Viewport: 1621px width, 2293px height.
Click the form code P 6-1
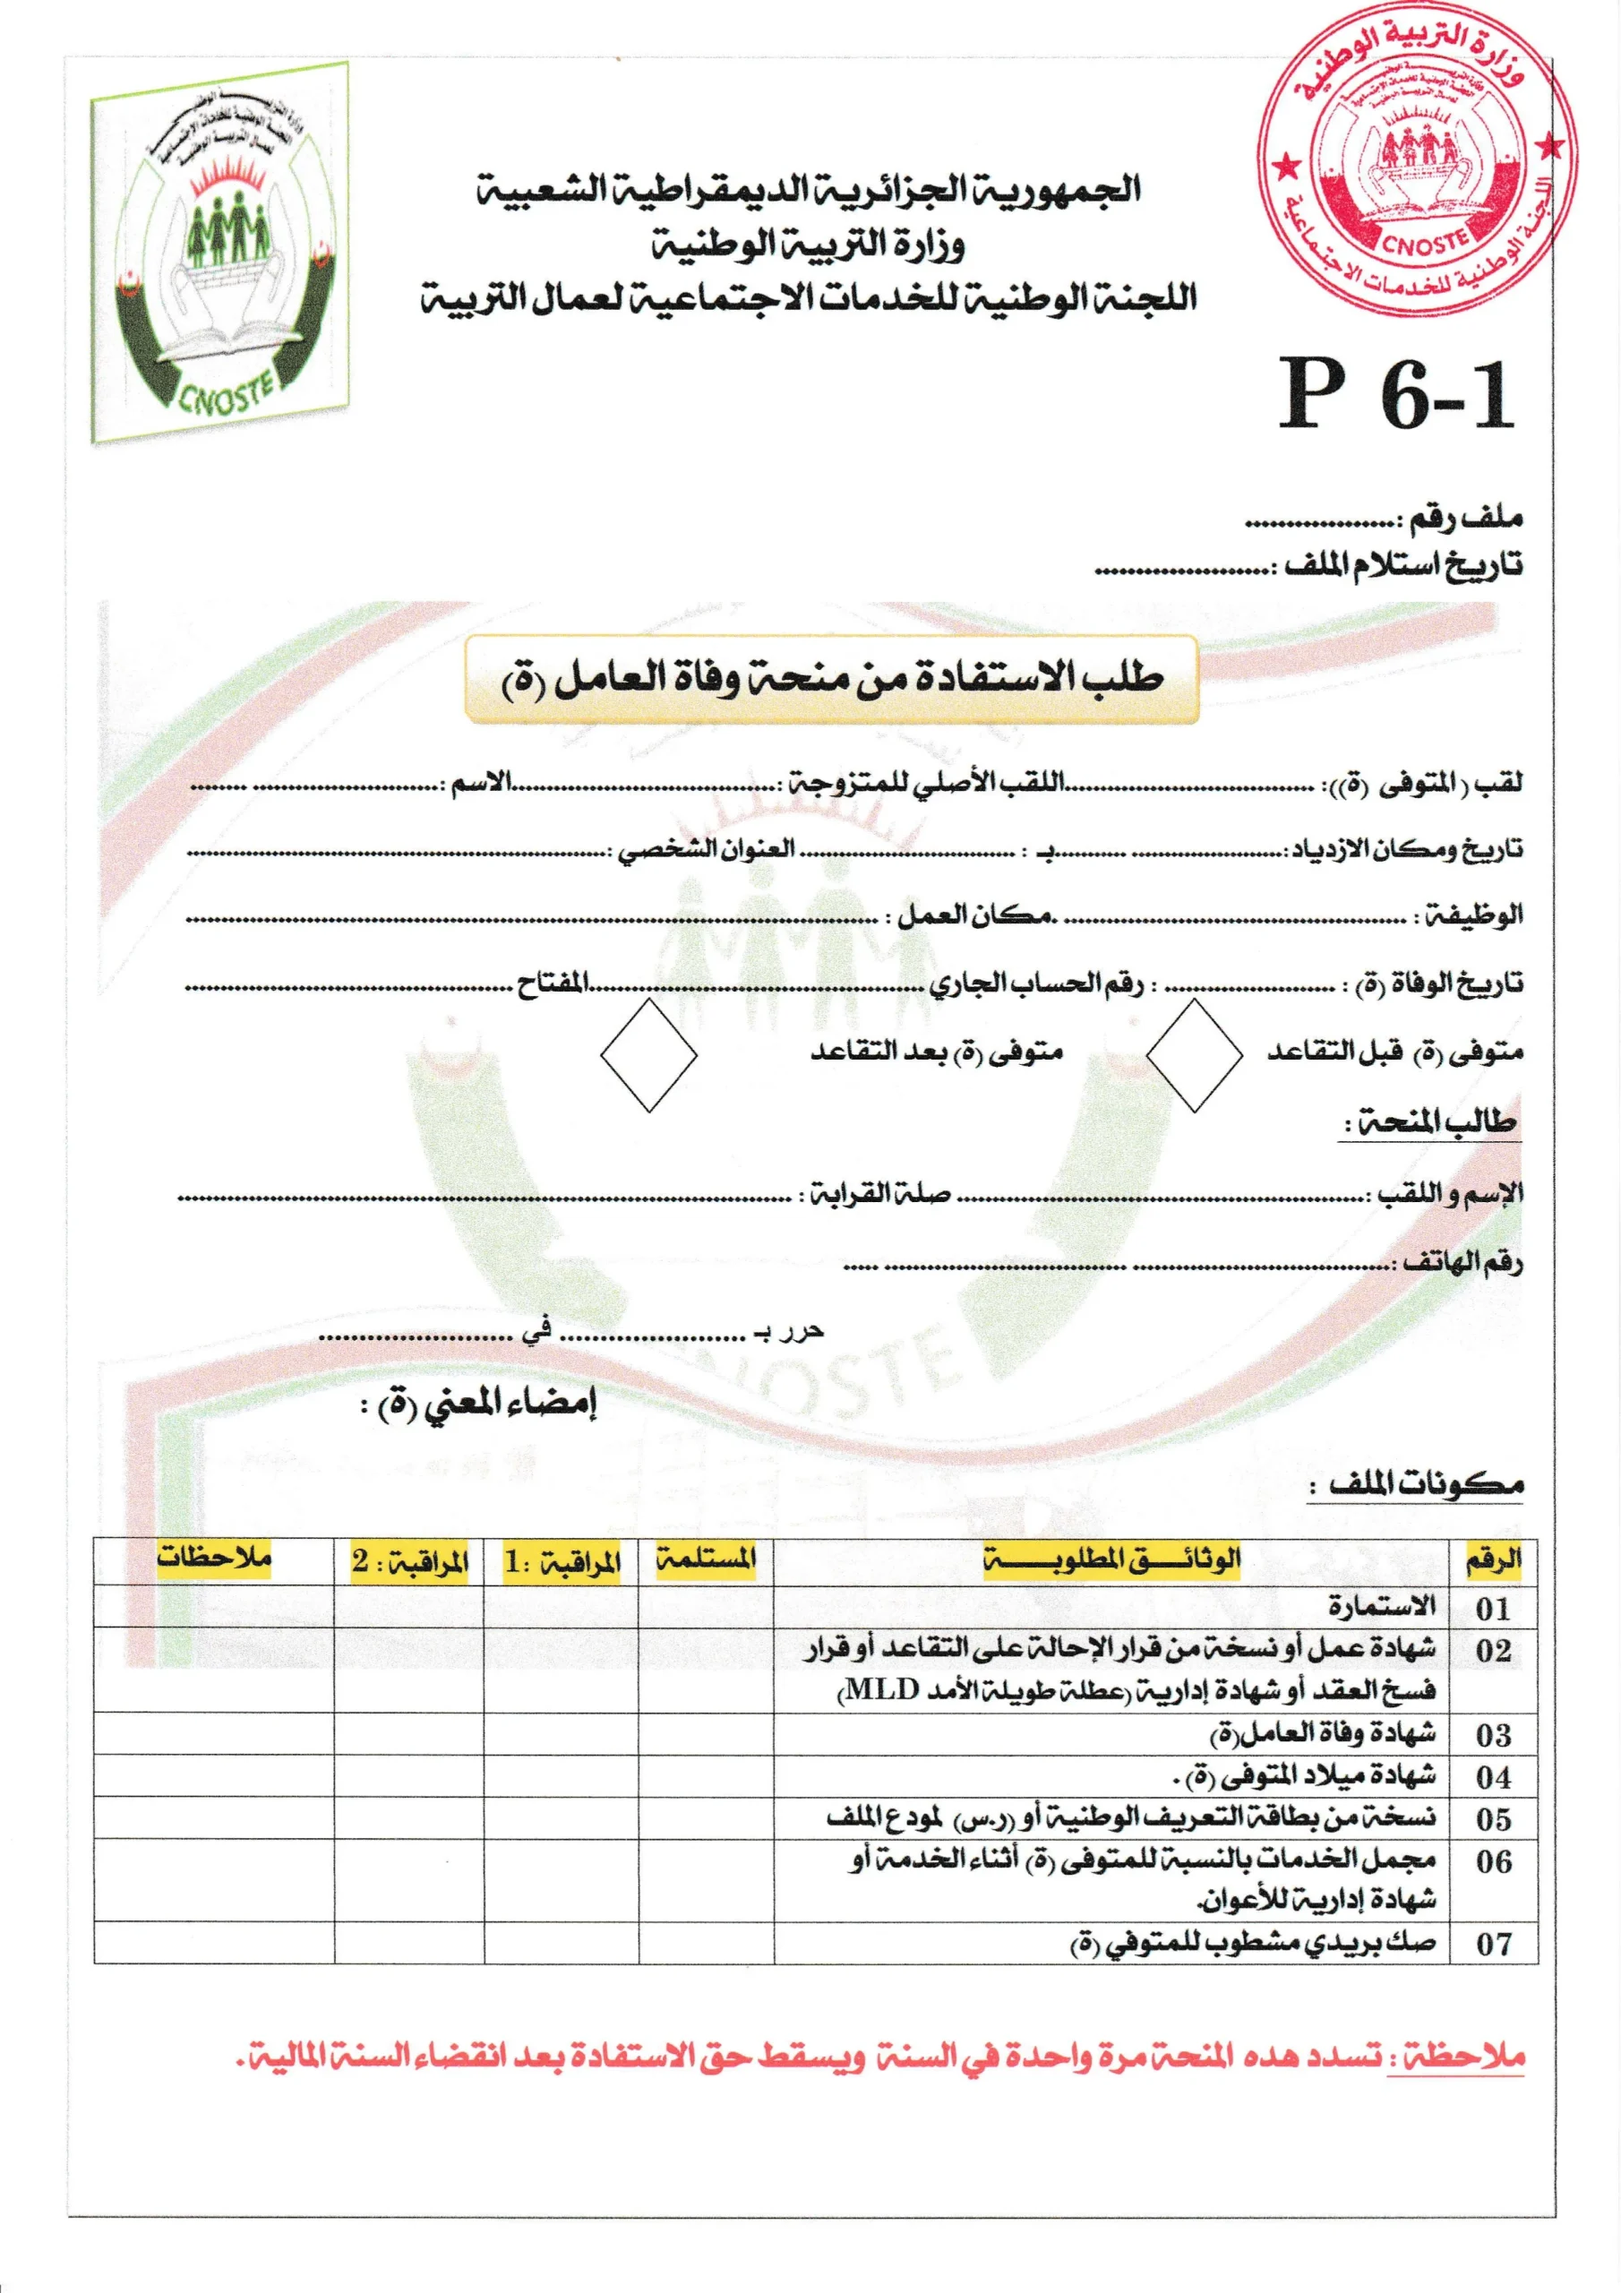tap(1396, 396)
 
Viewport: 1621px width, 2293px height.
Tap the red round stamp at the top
tap(1416, 159)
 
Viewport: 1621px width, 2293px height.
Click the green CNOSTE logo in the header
tap(220, 252)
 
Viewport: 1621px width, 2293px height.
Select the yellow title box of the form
tap(831, 679)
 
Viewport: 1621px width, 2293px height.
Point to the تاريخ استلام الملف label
tap(1403, 565)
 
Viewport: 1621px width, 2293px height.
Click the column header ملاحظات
tap(214, 1557)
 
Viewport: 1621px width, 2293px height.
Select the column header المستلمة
tap(706, 1559)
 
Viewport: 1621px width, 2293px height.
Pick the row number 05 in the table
tap(1493, 1818)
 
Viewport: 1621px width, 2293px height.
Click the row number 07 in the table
tap(1493, 1944)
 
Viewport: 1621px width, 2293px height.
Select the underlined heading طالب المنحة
tap(1430, 1123)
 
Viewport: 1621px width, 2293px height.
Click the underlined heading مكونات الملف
tap(1427, 1484)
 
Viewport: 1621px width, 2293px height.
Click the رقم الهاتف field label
tap(1462, 1262)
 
